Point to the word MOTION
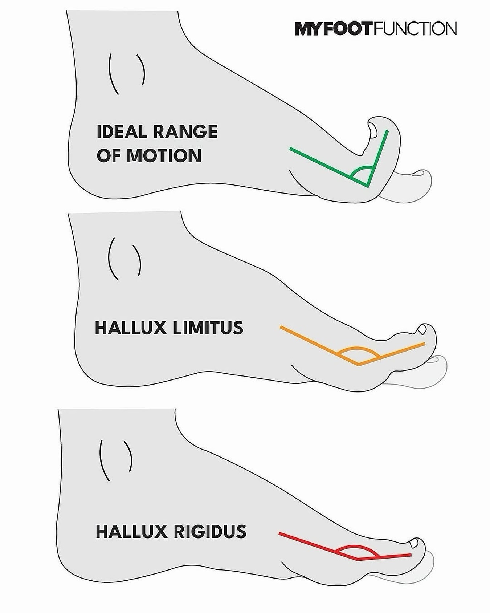point(164,155)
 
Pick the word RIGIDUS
point(210,532)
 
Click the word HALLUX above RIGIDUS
point(131,532)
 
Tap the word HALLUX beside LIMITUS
point(130,328)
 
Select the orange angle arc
point(358,348)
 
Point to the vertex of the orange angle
point(359,364)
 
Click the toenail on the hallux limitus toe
point(422,329)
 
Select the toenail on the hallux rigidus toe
point(413,544)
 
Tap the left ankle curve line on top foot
point(113,74)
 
